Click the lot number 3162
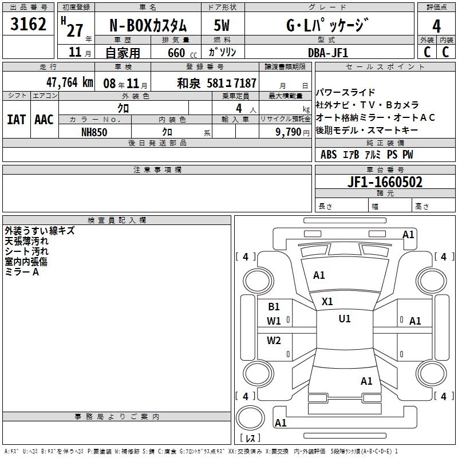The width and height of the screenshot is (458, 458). [x=28, y=25]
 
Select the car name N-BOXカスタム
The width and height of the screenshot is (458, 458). [x=148, y=25]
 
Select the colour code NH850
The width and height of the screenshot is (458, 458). [x=94, y=132]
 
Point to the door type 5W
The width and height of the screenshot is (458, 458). [x=222, y=25]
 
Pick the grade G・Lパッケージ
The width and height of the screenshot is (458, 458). [x=327, y=25]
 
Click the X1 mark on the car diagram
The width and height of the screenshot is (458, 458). [x=327, y=301]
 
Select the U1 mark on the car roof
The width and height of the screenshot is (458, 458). [x=345, y=318]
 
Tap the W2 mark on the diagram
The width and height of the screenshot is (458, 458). [x=274, y=341]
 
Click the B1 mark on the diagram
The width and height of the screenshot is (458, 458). [x=274, y=306]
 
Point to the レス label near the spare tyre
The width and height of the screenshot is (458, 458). [x=250, y=439]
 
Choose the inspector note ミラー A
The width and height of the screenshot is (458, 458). [x=22, y=272]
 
